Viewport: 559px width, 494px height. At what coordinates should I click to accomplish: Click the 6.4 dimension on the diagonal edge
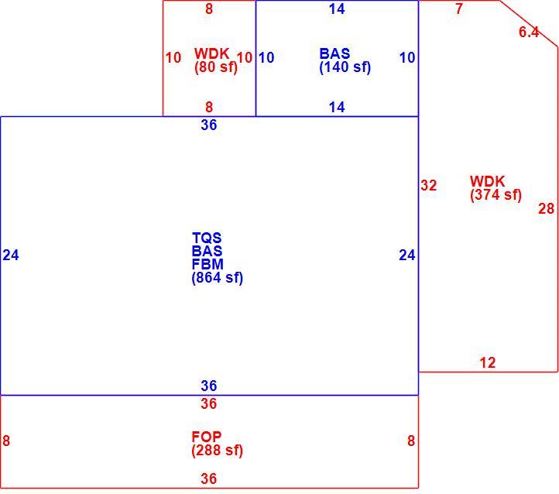pyautogui.click(x=529, y=32)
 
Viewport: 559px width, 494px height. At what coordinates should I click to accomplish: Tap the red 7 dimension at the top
pyautogui.click(x=459, y=9)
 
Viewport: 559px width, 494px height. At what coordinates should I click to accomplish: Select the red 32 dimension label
pyautogui.click(x=428, y=185)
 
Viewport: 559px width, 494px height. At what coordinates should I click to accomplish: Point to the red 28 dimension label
pyautogui.click(x=546, y=208)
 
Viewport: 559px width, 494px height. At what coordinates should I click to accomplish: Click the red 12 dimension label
pyautogui.click(x=488, y=363)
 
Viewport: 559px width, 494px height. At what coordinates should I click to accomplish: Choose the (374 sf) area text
pyautogui.click(x=496, y=195)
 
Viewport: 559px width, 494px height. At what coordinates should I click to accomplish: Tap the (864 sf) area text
pyautogui.click(x=218, y=278)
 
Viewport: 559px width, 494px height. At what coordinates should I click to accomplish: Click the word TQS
pyautogui.click(x=207, y=238)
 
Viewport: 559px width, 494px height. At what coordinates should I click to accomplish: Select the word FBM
pyautogui.click(x=207, y=264)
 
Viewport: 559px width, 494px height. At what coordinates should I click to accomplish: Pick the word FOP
pyautogui.click(x=207, y=437)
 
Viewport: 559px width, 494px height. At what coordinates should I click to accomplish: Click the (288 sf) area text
pyautogui.click(x=218, y=450)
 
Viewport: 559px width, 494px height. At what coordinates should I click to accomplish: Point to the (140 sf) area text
pyautogui.click(x=345, y=67)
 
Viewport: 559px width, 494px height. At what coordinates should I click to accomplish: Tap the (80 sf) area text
pyautogui.click(x=216, y=67)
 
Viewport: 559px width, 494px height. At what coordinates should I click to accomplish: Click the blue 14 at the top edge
pyautogui.click(x=337, y=9)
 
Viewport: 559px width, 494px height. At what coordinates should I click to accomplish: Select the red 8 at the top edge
pyautogui.click(x=209, y=9)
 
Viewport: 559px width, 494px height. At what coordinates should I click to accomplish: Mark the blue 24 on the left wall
pyautogui.click(x=11, y=256)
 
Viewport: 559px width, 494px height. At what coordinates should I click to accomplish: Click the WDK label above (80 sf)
pyautogui.click(x=212, y=54)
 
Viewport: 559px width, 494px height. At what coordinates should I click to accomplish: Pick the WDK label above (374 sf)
pyautogui.click(x=487, y=181)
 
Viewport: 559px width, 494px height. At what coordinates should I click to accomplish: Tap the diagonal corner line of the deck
pyautogui.click(x=528, y=23)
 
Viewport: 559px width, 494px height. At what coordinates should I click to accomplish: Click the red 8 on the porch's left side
pyautogui.click(x=6, y=441)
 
